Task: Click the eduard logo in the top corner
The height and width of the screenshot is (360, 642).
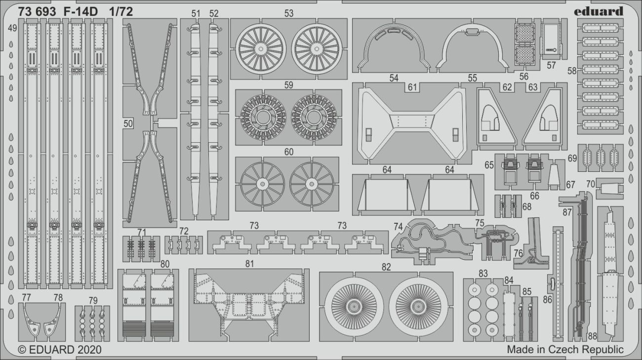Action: (x=599, y=11)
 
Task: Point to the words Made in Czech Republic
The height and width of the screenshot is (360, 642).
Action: (x=565, y=350)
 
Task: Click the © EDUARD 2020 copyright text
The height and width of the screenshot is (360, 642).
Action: (x=60, y=350)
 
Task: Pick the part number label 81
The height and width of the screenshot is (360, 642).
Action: (x=249, y=264)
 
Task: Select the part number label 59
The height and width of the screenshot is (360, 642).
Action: (x=288, y=85)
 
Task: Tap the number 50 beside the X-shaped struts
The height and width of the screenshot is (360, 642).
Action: (x=128, y=124)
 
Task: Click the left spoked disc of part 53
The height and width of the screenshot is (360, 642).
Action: (x=261, y=50)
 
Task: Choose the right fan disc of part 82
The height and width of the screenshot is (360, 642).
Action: (x=418, y=307)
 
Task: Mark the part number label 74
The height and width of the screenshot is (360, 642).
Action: (x=398, y=226)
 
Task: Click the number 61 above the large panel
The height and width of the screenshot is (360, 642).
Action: (x=412, y=87)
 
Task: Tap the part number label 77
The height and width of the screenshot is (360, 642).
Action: (x=26, y=297)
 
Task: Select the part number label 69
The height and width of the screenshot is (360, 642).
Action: (x=572, y=159)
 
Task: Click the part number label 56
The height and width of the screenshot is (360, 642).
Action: (x=523, y=76)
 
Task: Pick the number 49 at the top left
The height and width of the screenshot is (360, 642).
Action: (x=12, y=28)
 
